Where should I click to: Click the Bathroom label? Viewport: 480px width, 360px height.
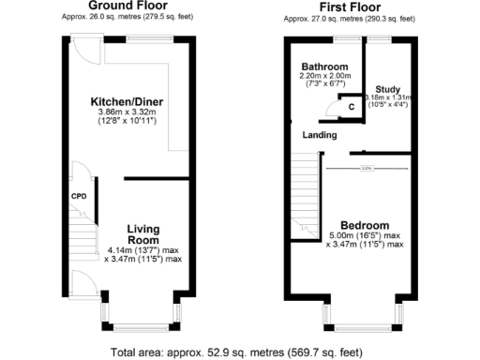324,67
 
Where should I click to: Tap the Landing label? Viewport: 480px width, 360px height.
319,135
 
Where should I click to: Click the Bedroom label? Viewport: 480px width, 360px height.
365,225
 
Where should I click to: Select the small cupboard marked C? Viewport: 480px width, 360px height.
352,106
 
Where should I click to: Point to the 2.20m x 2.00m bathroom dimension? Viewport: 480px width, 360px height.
324,77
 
